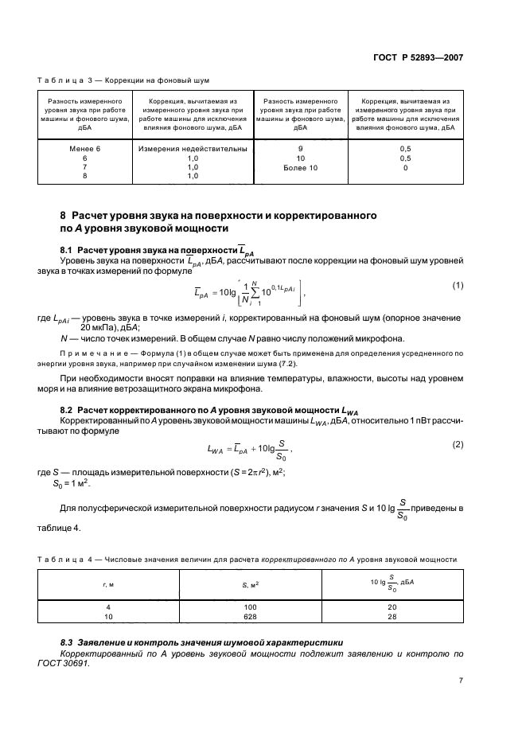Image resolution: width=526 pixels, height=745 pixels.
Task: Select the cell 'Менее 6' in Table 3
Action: pos(84,149)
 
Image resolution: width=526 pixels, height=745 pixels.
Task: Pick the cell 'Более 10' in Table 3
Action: pos(299,168)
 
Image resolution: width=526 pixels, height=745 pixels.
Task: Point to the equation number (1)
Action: pos(458,285)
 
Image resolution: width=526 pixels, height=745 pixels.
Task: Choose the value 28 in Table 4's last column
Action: pos(392,616)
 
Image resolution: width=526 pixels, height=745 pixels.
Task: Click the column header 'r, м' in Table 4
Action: pos(108,585)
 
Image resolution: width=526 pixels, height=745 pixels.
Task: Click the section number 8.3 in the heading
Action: pos(69,641)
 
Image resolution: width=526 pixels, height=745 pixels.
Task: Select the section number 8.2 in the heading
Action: pos(69,409)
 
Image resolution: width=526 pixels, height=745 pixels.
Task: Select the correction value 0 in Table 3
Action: pos(406,168)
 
